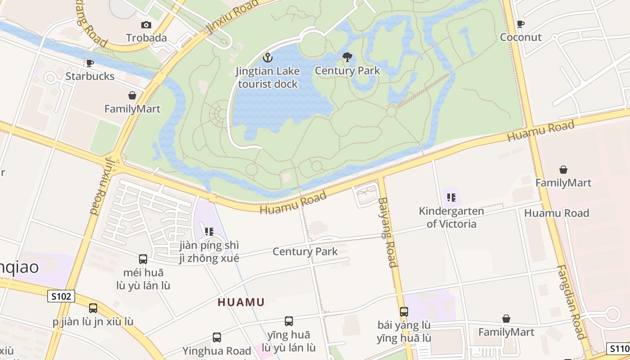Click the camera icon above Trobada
[x=146, y=25]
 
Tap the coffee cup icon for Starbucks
[x=90, y=63]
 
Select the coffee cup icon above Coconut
[x=521, y=24]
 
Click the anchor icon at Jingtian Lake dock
[x=268, y=58]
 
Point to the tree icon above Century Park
[x=347, y=57]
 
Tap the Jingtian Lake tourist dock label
[x=268, y=77]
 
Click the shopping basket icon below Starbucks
[x=132, y=95]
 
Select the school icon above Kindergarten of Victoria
[x=451, y=197]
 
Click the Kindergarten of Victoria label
[x=451, y=217]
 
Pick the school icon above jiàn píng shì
[x=209, y=232]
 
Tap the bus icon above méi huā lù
[x=143, y=259]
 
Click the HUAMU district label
[x=241, y=302]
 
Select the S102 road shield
[x=61, y=296]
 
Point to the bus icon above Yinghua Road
[x=216, y=337]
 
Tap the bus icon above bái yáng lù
[x=404, y=311]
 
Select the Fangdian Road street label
[x=570, y=301]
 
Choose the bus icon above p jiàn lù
[x=93, y=308]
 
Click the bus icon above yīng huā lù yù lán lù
[x=288, y=321]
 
